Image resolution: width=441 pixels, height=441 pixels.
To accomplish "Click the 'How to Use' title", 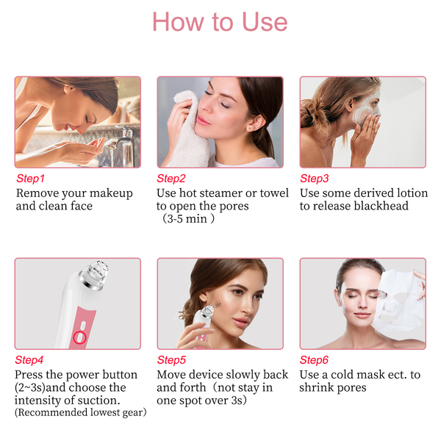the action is pos(220,21).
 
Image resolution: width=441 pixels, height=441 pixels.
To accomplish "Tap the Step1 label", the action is pos(30,179).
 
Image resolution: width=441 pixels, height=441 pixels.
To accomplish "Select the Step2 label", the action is pos(171,179).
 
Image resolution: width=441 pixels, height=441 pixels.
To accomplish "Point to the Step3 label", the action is pos(315,179).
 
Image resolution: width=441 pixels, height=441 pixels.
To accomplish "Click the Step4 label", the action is pos(29,359).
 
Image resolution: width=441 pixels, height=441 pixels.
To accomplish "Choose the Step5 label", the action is pos(171,359).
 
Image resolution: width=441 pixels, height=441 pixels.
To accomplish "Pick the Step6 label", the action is pos(314,359).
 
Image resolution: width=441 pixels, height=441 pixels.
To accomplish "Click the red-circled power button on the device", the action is pos(79,337).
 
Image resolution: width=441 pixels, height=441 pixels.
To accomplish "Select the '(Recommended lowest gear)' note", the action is pos(81,412).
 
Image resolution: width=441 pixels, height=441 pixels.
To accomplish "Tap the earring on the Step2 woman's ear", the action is pos(251,128).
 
